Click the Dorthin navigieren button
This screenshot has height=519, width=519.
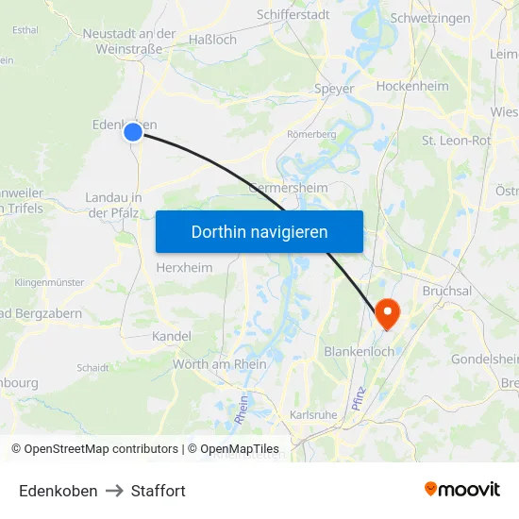tap(259, 231)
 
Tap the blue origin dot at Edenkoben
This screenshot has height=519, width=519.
tap(133, 132)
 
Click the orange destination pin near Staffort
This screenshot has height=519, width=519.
tap(387, 312)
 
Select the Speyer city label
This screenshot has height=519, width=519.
tap(334, 90)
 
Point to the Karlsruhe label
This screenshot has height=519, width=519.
tap(314, 414)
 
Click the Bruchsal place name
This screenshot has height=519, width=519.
tap(446, 291)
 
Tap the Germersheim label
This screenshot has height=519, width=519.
tap(288, 188)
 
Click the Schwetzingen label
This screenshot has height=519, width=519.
tap(429, 18)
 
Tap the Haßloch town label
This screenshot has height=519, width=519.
tap(212, 41)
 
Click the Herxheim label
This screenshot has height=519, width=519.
tap(184, 267)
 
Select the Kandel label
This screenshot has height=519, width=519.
tap(171, 336)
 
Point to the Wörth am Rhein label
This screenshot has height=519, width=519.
tap(219, 364)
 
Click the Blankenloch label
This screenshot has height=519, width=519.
tap(359, 351)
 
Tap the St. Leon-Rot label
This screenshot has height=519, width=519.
tap(456, 141)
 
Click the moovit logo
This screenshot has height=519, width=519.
tap(461, 490)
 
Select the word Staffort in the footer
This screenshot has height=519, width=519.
tap(159, 491)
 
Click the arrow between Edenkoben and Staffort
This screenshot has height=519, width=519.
tap(114, 491)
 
